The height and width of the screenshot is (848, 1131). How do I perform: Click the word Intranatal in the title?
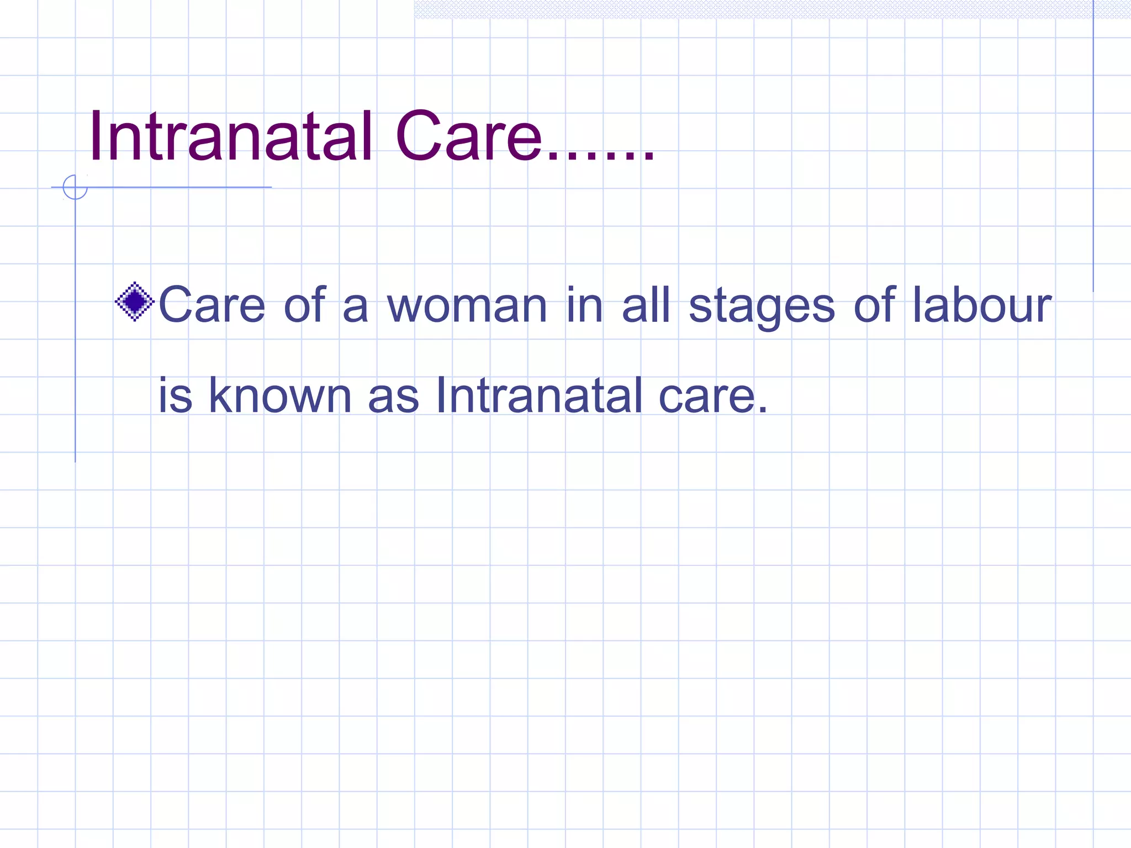point(230,136)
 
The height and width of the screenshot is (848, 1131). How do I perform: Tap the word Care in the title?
point(468,136)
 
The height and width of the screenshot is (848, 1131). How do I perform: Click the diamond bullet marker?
point(134,301)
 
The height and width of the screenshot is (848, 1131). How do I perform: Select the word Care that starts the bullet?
point(212,305)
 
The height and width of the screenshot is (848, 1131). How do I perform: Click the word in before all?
point(584,305)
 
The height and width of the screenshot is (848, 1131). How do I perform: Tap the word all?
point(646,305)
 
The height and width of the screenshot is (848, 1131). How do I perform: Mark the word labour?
point(981,305)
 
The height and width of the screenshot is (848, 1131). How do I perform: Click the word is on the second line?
point(175,395)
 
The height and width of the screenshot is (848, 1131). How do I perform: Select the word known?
point(280,395)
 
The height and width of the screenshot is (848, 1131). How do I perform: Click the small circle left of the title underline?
point(75,187)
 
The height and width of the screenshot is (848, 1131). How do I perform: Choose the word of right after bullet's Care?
point(304,305)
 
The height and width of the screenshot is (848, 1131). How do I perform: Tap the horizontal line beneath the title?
point(177,187)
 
